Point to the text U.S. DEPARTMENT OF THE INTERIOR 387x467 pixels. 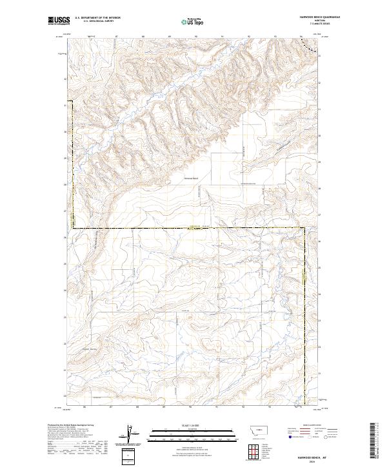(x=97, y=18)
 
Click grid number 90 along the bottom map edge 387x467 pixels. (x=191, y=406)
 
